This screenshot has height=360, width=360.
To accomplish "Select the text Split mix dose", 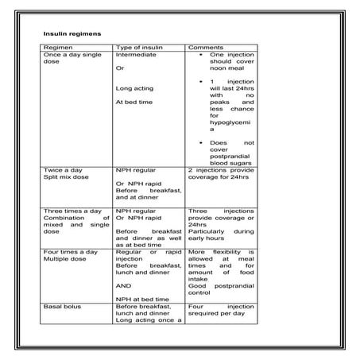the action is click(x=66, y=177).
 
